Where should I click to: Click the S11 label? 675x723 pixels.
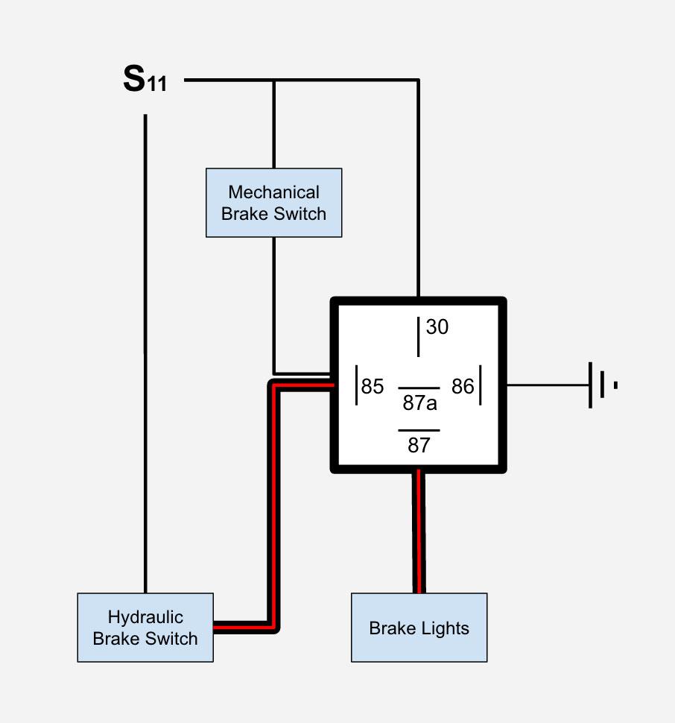tap(145, 79)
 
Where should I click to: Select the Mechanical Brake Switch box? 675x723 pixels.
tap(273, 203)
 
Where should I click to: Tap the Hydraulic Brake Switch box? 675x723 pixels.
tap(145, 628)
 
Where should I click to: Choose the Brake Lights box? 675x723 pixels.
tap(419, 628)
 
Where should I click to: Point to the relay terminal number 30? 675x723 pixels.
tap(437, 326)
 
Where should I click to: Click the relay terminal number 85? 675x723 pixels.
tap(373, 386)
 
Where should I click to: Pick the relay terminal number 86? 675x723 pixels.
tap(463, 386)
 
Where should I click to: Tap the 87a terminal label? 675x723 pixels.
tap(419, 403)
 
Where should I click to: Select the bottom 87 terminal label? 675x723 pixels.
tap(419, 446)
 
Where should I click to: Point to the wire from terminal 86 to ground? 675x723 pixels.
tap(548, 385)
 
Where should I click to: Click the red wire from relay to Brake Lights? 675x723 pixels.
tap(419, 531)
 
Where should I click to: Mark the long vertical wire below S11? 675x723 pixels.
tap(145, 353)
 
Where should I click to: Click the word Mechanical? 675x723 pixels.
tap(273, 192)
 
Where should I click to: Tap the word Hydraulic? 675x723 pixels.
tap(145, 617)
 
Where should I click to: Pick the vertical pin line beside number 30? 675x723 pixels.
tap(419, 337)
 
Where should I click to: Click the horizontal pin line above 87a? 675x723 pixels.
tap(419, 388)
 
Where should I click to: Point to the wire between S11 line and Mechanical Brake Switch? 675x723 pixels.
tap(273, 124)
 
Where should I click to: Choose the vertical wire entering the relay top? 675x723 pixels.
tap(419, 189)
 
